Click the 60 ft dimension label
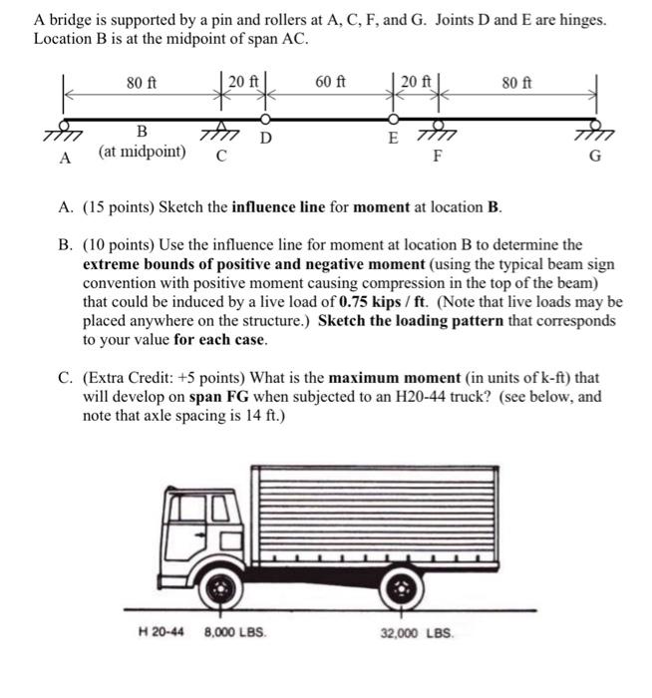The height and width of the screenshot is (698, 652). [330, 82]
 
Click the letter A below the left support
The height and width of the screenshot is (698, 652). [66, 158]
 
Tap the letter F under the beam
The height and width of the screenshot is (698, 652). [436, 157]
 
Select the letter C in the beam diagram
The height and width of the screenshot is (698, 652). [221, 156]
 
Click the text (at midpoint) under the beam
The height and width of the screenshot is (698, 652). [142, 152]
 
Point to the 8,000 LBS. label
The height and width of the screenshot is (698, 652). [235, 632]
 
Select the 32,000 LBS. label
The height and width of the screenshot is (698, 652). [417, 632]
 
